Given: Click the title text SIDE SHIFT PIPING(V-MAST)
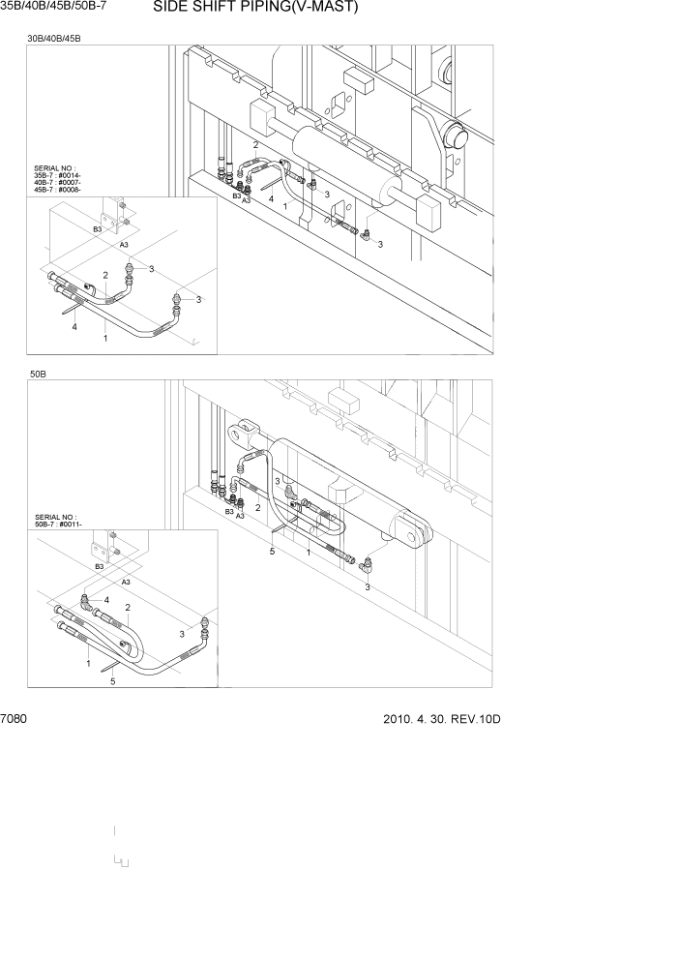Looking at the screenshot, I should (255, 9).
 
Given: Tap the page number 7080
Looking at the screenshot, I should (15, 720).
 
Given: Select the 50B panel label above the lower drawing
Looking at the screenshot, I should (39, 373).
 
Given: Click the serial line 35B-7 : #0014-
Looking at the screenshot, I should (58, 176).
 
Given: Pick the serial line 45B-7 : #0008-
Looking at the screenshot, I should (58, 190).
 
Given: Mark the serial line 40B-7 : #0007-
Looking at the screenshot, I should (58, 183).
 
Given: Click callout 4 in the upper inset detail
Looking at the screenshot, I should (74, 327).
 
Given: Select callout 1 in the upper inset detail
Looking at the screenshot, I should (104, 338).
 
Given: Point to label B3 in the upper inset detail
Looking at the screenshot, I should (97, 229).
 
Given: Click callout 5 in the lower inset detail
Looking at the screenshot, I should (113, 681).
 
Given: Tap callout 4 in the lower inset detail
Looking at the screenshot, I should (106, 601).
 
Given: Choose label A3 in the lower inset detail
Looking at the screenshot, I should (125, 582).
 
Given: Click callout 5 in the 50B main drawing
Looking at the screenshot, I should (272, 551).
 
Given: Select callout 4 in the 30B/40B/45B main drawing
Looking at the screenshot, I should (271, 198).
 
